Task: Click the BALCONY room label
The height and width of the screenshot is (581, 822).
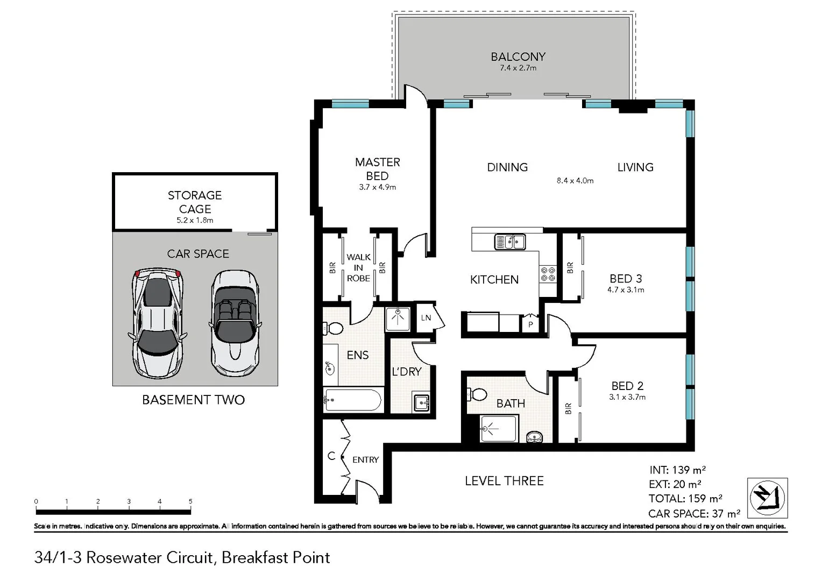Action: [x=518, y=56]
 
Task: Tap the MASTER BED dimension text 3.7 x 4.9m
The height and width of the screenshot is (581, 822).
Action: [x=377, y=187]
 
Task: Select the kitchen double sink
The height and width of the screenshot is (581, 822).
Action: [x=509, y=242]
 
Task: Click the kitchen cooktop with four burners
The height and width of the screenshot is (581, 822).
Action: [x=548, y=274]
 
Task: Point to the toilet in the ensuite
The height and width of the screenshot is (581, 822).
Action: [x=333, y=328]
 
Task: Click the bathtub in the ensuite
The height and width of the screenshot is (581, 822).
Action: [x=353, y=400]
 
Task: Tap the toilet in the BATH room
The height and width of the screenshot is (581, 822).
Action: [x=477, y=394]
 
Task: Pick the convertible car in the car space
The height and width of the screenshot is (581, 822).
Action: [x=235, y=322]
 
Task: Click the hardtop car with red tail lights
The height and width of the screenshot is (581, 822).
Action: [x=157, y=323]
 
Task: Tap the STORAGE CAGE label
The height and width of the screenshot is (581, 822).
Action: [x=195, y=202]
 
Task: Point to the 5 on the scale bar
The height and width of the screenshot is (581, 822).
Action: [x=190, y=501]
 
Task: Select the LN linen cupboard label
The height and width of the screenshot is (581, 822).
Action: [x=426, y=318]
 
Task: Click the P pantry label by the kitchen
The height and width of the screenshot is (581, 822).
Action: [x=530, y=324]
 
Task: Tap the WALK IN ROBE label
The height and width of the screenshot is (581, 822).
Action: [x=358, y=268]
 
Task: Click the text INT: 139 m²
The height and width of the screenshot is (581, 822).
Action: [x=677, y=470]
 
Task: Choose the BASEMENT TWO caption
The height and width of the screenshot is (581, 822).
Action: [x=193, y=400]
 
